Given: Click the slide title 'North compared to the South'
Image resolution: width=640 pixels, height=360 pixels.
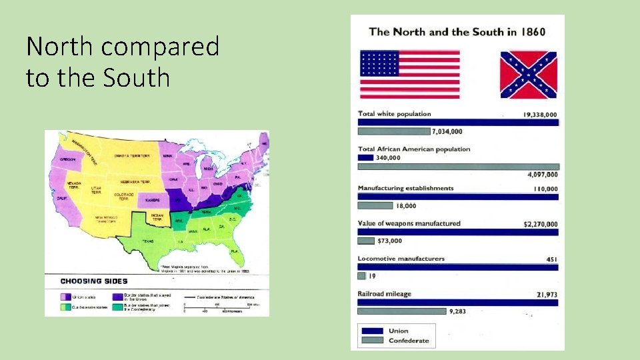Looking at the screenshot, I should (x=123, y=62).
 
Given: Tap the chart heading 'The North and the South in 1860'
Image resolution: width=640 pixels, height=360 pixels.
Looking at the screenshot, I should (x=457, y=31).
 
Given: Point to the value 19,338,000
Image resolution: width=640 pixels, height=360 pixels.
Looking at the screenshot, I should (x=541, y=115).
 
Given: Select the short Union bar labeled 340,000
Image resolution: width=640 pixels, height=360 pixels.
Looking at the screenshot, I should (x=365, y=157).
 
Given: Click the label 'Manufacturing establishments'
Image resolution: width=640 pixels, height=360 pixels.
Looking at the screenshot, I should (x=405, y=189).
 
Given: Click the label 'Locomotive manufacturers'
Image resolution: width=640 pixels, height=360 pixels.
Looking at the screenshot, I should (x=401, y=259).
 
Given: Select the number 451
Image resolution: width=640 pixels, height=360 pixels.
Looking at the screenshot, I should (x=551, y=259).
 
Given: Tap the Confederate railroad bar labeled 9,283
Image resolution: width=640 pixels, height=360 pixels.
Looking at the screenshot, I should (x=402, y=311).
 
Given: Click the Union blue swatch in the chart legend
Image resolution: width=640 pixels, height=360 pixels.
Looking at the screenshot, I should (x=371, y=331).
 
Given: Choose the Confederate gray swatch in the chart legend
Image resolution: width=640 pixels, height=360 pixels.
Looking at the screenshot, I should (x=371, y=341).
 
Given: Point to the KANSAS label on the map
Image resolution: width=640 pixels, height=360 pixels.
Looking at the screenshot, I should (x=153, y=199).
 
